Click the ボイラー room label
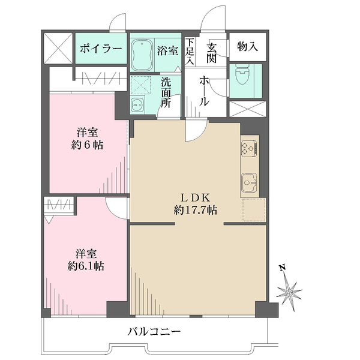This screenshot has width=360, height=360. (x=101, y=49)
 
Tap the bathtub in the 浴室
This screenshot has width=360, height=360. (x=142, y=55)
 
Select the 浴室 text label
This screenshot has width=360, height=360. (x=167, y=50)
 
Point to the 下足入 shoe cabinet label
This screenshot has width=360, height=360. (x=190, y=51)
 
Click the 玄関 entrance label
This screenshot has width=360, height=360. (x=211, y=53)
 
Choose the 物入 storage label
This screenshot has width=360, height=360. (x=247, y=47)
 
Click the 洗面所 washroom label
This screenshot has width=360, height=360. (x=166, y=92)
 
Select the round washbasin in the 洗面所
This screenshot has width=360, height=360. (x=137, y=104)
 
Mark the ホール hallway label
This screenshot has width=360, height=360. (x=205, y=91)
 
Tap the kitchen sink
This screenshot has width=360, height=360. (x=249, y=182)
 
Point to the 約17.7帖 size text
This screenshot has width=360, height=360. (x=196, y=210)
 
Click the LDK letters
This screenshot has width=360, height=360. (x=195, y=197)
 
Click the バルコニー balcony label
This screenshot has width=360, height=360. (x=154, y=332)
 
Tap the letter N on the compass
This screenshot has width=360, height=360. (x=283, y=268)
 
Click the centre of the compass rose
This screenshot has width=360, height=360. (x=289, y=293)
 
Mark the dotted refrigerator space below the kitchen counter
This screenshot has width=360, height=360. (x=254, y=210)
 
